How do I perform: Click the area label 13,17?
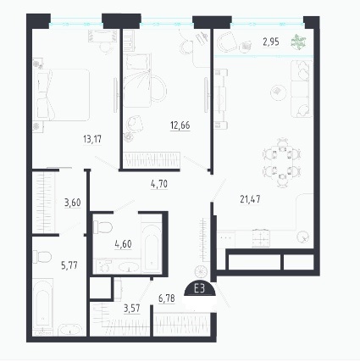tap(92, 139)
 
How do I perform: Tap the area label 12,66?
tap(180, 125)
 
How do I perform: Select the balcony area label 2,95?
tap(271, 42)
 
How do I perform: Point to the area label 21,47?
tap(250, 199)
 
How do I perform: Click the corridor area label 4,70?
tap(159, 184)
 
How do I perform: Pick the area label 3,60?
tap(73, 203)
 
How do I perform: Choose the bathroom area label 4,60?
tap(124, 243)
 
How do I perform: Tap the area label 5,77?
tap(69, 265)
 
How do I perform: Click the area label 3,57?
tap(132, 308)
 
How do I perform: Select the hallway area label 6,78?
tap(167, 298)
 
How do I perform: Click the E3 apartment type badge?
tap(200, 290)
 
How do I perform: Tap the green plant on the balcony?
tap(298, 42)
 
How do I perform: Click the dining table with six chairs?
tap(281, 163)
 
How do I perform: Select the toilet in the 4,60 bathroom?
tap(102, 227)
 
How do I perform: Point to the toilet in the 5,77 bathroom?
tap(42, 257)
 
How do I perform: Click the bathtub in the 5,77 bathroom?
tap(43, 304)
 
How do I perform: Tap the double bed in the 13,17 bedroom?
tap(61, 94)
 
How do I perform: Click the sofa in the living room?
tap(302, 89)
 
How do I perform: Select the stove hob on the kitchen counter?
tap(261, 238)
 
